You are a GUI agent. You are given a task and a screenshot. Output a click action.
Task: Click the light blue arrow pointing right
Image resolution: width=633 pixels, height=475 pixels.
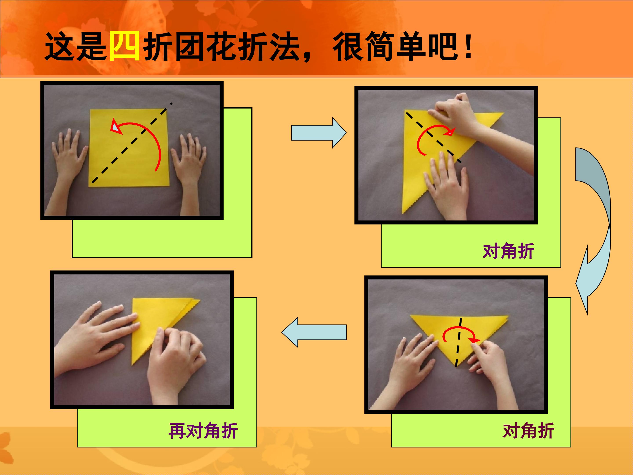point(319,133)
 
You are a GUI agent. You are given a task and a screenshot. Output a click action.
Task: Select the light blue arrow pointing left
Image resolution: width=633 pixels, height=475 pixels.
point(314,332)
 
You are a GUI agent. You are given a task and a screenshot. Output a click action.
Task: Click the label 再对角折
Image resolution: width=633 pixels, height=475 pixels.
point(203,431)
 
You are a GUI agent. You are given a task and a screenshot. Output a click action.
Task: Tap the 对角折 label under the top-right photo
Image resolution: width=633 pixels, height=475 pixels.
point(508,251)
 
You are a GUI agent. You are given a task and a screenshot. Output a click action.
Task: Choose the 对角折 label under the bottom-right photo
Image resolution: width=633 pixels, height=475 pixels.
point(528,431)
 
